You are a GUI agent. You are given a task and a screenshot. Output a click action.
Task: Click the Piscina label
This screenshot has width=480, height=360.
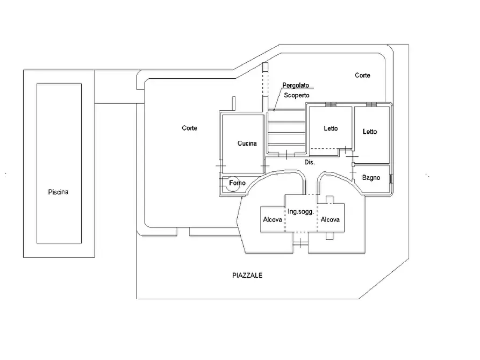[58, 192]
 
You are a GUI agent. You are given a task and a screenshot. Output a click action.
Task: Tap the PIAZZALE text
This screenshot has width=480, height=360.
[247, 275]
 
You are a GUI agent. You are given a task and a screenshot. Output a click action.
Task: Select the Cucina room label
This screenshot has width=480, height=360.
[247, 143]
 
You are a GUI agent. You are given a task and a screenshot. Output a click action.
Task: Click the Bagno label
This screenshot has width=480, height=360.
[371, 177]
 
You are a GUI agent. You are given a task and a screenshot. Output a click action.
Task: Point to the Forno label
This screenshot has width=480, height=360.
[237, 183]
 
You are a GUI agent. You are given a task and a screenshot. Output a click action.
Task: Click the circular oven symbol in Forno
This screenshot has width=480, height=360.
[233, 184]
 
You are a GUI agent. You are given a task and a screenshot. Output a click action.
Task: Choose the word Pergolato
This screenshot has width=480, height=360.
[296, 85]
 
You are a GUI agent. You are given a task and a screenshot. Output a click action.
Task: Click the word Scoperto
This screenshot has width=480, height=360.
[297, 95]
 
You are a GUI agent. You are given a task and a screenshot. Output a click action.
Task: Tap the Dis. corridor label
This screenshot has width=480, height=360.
[310, 162]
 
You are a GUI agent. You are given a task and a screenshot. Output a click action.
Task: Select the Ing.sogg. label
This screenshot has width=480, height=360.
[301, 212]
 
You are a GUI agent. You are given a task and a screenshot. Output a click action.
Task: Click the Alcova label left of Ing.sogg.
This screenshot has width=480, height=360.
[273, 219]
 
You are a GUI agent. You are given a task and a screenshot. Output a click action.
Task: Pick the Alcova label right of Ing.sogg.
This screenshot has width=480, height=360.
[330, 219]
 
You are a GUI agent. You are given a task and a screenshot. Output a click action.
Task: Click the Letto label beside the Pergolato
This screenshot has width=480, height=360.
[331, 128]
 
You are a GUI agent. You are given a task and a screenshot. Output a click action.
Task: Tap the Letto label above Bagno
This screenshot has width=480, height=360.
[370, 132]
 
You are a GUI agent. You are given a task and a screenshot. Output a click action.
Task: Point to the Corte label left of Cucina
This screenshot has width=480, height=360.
[190, 128]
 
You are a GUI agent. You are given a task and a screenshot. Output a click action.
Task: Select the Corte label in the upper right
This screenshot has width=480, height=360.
[362, 75]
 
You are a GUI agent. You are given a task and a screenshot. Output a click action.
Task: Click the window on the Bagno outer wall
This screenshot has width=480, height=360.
[391, 179]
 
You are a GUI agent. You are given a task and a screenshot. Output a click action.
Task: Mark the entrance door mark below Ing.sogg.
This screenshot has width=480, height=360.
[300, 243]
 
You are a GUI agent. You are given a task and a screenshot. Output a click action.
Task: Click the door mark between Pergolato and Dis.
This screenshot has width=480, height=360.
[286, 155]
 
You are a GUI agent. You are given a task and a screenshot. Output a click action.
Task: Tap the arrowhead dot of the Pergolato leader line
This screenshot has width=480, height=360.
[274, 110]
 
